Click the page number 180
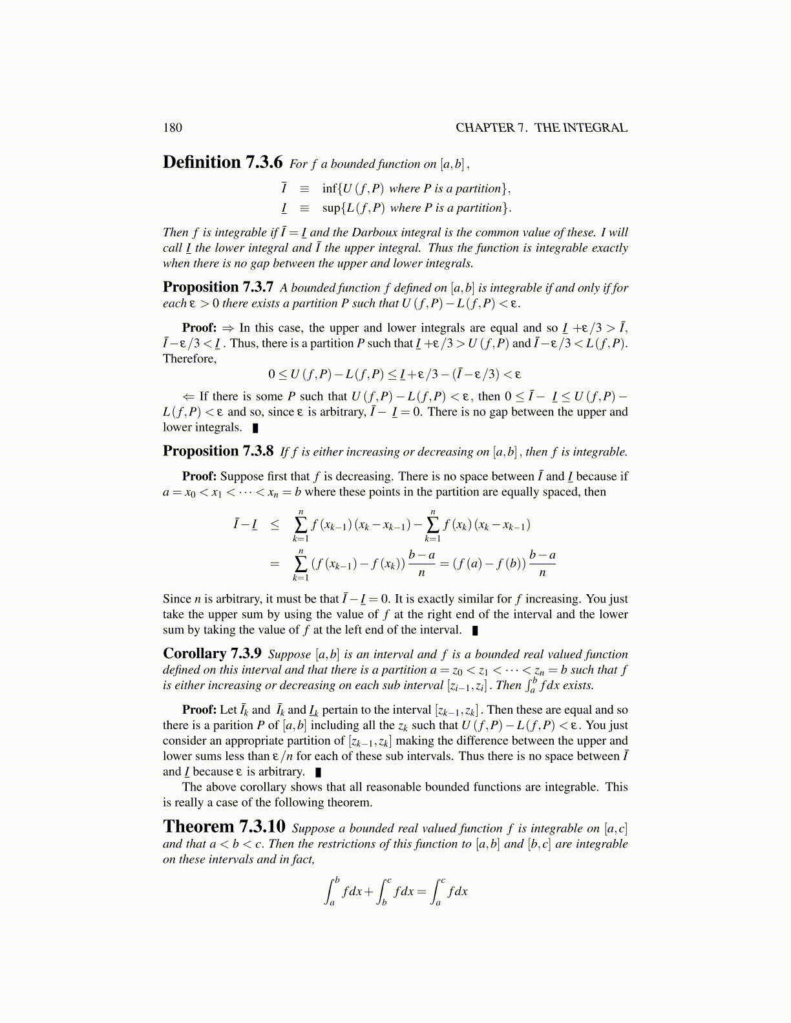173,127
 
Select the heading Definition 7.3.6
222,162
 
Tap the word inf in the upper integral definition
330,189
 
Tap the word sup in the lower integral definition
331,208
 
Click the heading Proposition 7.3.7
218,287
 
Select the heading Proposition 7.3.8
218,451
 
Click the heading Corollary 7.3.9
212,654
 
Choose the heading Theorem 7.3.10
224,827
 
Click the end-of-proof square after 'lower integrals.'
256,428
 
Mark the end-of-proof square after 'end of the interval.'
475,630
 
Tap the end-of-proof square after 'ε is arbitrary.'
318,772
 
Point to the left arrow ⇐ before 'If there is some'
189,397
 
